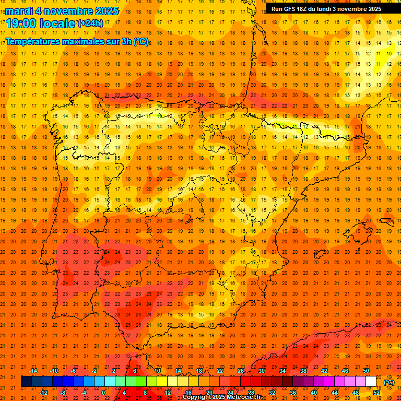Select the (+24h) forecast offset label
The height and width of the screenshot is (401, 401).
[x=90, y=23]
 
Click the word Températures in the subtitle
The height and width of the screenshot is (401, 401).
[x=32, y=41]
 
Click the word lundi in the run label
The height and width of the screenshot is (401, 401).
[x=331, y=9]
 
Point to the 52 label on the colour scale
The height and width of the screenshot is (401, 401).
[x=376, y=393]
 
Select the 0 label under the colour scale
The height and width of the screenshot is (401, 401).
[x=103, y=393]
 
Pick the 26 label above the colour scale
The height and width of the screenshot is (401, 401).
[x=241, y=371]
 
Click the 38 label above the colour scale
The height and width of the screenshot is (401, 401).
[x=303, y=371]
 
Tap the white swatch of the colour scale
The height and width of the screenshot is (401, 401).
[x=371, y=382]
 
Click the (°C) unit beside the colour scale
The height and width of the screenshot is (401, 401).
[x=389, y=382]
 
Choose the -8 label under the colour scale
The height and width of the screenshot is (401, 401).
[x=63, y=393]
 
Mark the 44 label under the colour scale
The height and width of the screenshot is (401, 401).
[x=335, y=393]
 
